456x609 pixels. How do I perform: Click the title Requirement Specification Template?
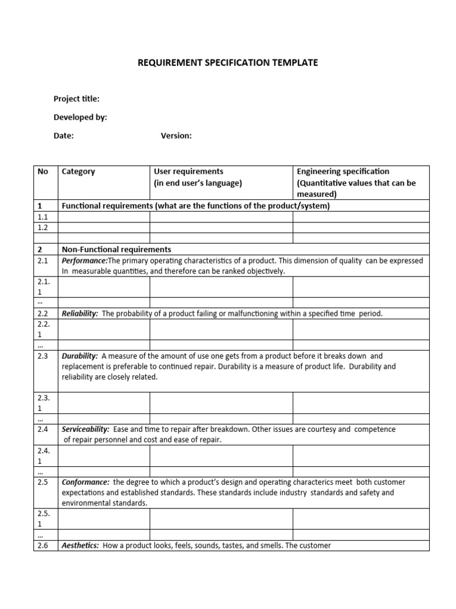[x=228, y=62]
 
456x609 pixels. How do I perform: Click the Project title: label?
[x=77, y=99]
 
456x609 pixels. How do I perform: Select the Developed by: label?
[x=80, y=117]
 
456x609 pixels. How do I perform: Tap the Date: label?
[x=64, y=136]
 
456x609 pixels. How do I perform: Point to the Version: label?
[x=176, y=136]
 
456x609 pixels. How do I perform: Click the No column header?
[x=43, y=172]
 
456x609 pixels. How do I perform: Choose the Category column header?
[x=78, y=172]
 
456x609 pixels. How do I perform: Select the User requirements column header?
[x=189, y=172]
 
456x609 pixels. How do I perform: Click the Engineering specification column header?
[x=343, y=172]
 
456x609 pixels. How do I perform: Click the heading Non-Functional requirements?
[x=116, y=250]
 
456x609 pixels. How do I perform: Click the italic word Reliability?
[x=80, y=313]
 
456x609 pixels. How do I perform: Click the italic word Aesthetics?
[x=80, y=545]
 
